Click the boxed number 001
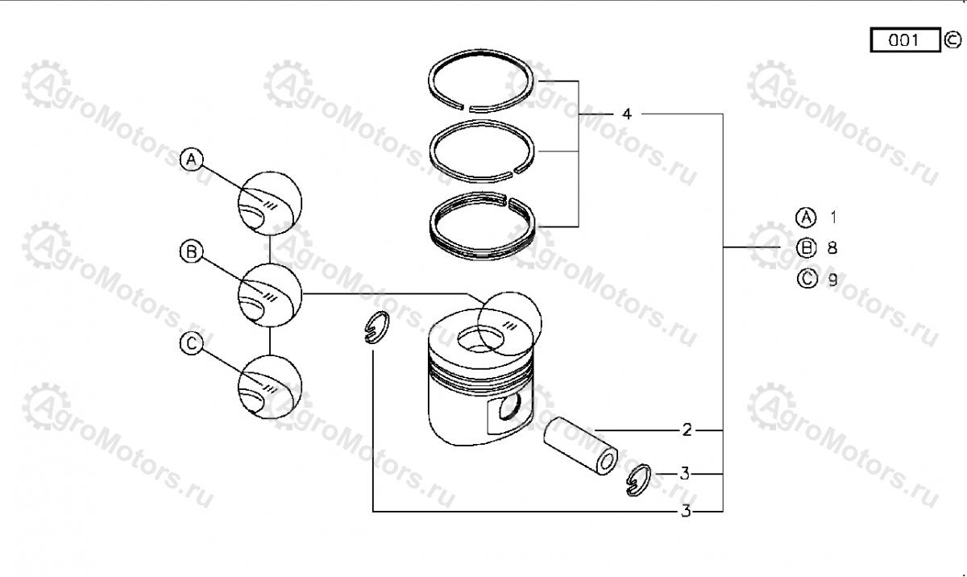click(905, 40)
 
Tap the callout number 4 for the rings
click(627, 114)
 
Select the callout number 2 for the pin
click(687, 430)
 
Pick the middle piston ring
click(433, 151)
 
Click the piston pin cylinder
click(580, 446)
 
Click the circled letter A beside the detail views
click(191, 160)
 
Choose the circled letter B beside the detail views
click(191, 251)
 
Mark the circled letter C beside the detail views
click(191, 343)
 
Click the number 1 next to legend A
click(833, 217)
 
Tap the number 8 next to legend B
click(832, 248)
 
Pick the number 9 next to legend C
click(832, 280)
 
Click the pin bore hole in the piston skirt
click(509, 406)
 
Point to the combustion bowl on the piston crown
click(480, 339)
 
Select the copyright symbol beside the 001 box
click(952, 40)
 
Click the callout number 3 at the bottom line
click(686, 511)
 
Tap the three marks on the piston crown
click(510, 326)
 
